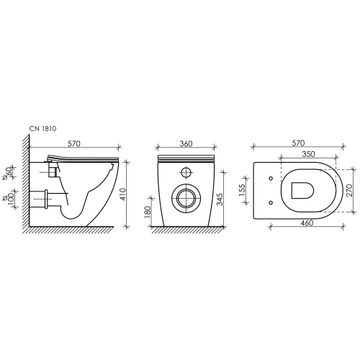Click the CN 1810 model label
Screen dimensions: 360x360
tap(42, 129)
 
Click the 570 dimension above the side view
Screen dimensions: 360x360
tap(74, 143)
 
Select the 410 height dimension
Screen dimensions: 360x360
tap(122, 194)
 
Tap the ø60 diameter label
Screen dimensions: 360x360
tap(9, 173)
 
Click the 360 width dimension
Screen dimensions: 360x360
tap(186, 143)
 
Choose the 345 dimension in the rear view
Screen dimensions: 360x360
tap(220, 199)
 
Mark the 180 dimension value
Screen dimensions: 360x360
tap(148, 212)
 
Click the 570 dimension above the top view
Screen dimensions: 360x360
tap(298, 143)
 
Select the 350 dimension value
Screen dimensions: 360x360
tap(308, 154)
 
